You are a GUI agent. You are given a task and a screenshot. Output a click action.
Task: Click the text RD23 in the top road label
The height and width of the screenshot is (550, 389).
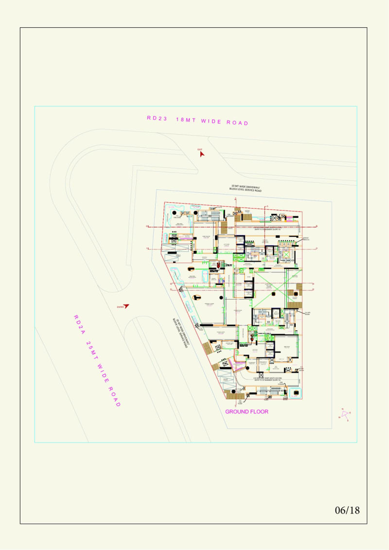click(x=157, y=118)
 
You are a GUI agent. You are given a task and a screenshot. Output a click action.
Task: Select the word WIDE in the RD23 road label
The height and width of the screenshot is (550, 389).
click(x=212, y=121)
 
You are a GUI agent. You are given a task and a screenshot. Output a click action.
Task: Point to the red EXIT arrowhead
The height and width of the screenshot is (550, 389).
click(x=202, y=154)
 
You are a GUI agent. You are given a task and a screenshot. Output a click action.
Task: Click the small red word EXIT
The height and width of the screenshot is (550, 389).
click(x=199, y=149)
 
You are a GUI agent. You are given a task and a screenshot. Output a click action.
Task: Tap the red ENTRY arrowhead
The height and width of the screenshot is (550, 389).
click(x=126, y=306)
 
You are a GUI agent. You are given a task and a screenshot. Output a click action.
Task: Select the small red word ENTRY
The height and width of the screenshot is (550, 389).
click(x=121, y=307)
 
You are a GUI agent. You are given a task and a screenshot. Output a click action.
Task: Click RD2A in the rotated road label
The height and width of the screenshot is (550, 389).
click(x=79, y=324)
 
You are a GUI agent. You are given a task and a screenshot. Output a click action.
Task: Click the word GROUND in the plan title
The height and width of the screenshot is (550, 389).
click(x=237, y=412)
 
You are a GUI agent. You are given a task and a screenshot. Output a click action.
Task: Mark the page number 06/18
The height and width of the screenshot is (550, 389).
click(x=347, y=510)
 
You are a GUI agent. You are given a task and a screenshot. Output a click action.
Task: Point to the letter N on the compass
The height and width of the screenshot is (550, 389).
click(x=342, y=409)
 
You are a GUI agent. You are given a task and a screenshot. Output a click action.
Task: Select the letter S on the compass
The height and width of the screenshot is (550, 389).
click(x=347, y=421)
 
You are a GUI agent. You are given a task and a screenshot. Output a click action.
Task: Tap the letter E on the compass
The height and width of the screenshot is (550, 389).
click(x=350, y=413)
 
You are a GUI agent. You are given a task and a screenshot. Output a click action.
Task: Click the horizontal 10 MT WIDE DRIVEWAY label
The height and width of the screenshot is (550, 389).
click(x=246, y=188)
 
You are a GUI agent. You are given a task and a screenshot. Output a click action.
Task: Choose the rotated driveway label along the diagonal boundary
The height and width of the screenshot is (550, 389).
click(x=181, y=333)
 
